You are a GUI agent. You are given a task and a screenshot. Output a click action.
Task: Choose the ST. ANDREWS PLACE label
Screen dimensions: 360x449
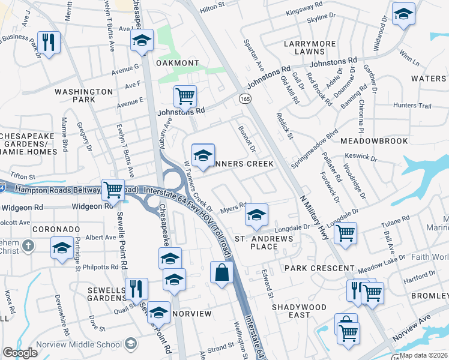coord(264,242)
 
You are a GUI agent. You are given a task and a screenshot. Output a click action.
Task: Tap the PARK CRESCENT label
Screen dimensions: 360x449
coord(319,268)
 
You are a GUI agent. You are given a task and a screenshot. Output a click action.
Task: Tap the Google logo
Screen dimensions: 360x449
coord(20,353)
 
